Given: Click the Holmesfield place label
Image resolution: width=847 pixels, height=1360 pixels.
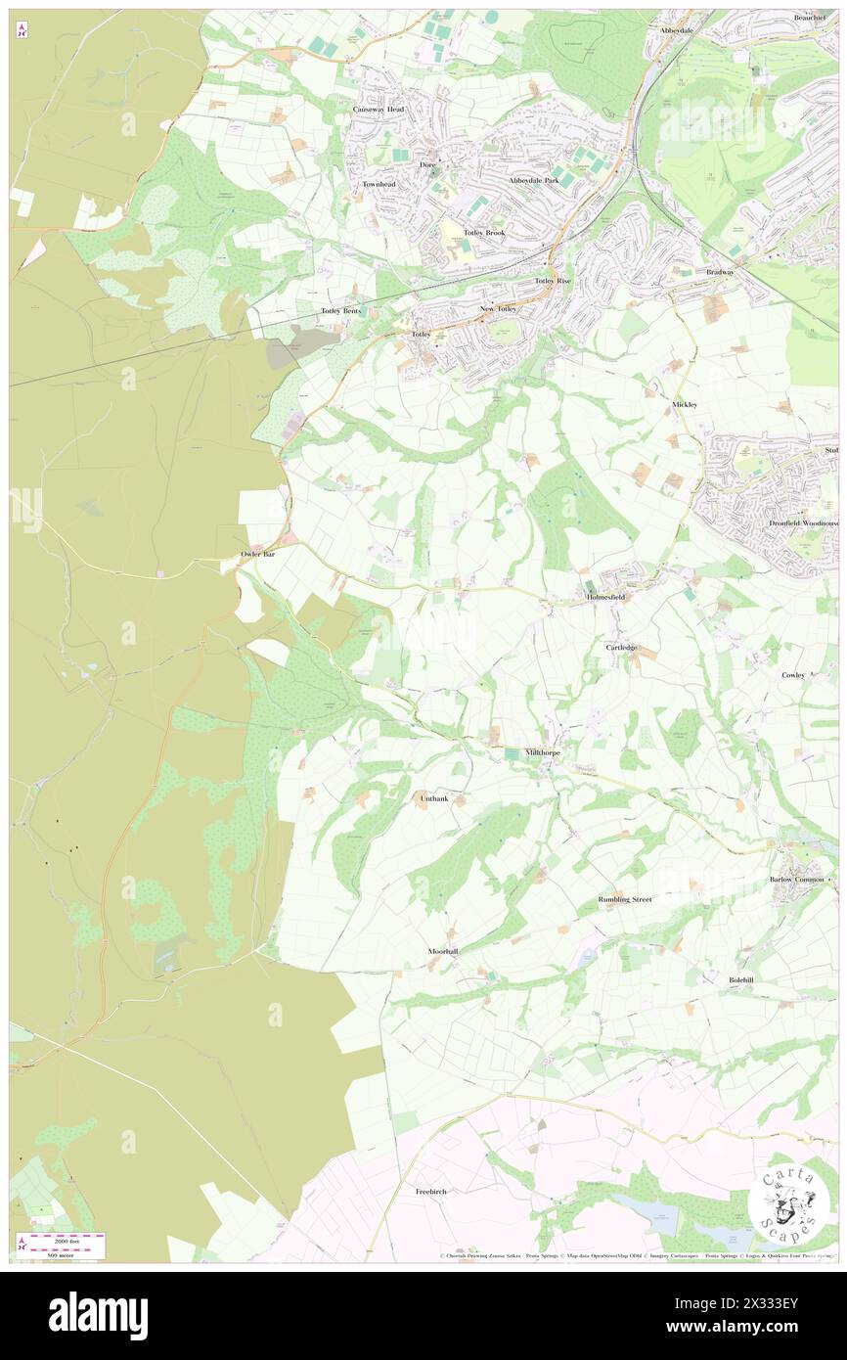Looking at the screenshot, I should [604, 596].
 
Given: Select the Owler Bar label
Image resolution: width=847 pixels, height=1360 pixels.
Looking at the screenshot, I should [261, 555].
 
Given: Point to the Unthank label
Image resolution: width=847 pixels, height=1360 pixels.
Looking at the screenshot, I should [434, 798].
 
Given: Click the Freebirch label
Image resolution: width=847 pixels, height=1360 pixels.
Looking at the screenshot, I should [431, 1191].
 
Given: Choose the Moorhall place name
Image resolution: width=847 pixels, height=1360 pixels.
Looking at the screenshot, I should [442, 951].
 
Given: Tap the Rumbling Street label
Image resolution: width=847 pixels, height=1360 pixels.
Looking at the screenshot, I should [625, 898].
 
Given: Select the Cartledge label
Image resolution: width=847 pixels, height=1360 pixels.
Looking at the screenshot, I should [621, 647].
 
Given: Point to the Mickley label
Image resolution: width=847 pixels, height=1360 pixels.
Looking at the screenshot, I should [685, 404].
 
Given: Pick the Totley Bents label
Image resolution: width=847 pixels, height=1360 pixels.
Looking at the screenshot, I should [341, 310].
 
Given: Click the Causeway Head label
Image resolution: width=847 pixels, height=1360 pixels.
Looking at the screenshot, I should [379, 110].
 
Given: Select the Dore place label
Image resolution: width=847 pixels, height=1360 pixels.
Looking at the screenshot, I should [427, 165].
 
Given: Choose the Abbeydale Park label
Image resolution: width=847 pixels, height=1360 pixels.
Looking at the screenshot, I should [533, 181].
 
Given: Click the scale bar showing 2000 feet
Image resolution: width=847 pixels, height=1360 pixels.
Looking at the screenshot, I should [65, 1243].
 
